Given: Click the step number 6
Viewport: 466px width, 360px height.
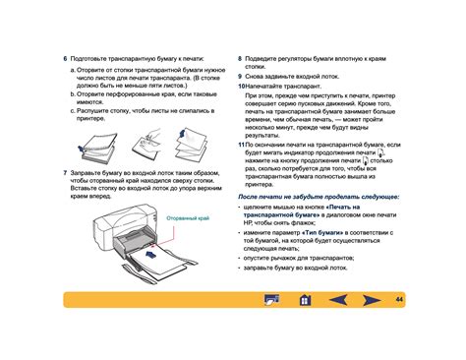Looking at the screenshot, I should coord(65,58).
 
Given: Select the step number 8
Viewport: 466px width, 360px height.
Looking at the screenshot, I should coord(241,58).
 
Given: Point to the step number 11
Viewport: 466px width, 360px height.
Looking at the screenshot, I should coord(242,143).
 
